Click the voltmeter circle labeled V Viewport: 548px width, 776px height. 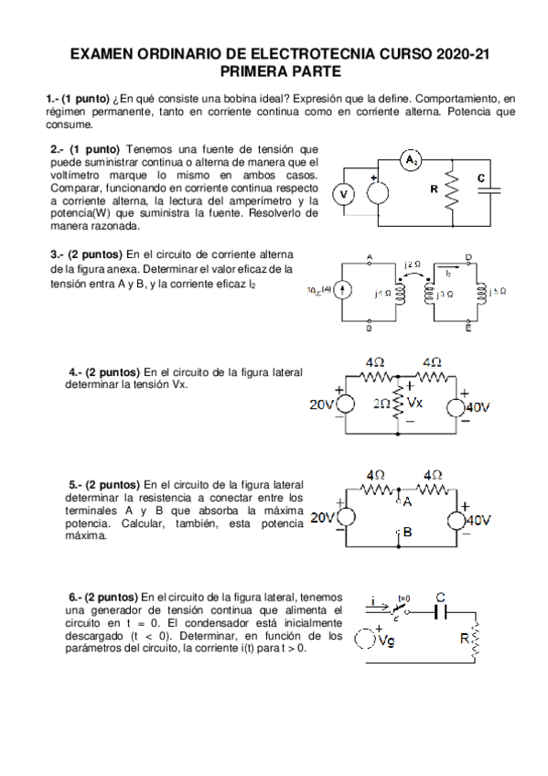point(344,194)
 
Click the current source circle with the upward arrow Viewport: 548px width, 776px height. point(342,290)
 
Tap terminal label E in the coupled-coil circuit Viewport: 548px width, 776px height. point(468,325)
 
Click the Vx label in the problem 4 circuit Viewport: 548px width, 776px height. point(415,402)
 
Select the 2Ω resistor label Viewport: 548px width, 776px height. point(382,402)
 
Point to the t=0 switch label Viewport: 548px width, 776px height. point(403,596)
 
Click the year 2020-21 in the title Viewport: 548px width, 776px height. point(457,55)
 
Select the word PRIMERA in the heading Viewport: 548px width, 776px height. point(253,71)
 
